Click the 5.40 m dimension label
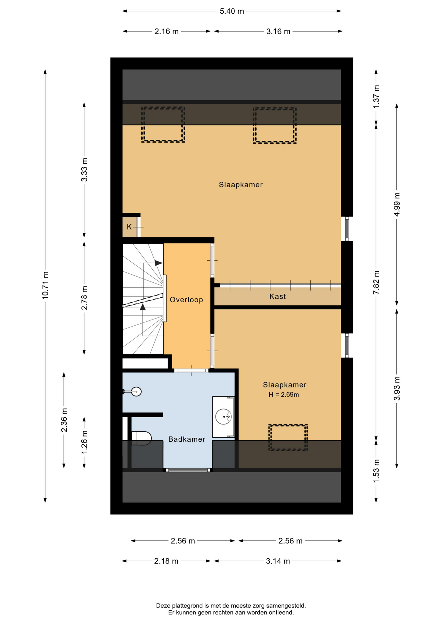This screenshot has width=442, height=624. (x=232, y=11)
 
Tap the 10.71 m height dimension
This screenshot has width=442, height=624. (x=45, y=285)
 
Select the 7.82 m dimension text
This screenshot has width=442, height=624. (x=376, y=282)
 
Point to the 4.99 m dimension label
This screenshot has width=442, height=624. (x=397, y=204)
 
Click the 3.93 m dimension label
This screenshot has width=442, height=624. (x=397, y=389)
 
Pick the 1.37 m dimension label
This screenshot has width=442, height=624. (x=376, y=97)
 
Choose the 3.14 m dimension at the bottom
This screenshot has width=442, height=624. (x=278, y=561)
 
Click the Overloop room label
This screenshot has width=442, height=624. (x=186, y=300)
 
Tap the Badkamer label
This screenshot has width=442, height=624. (x=187, y=439)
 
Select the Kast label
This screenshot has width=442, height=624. (x=278, y=296)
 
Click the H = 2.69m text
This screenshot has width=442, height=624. (x=284, y=395)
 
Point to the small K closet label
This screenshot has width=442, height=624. (x=129, y=227)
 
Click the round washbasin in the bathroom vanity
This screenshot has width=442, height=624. (x=224, y=417)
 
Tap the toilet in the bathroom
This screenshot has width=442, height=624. (x=141, y=438)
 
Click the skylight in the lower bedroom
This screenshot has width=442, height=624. (x=288, y=437)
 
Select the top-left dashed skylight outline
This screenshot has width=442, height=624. (x=163, y=124)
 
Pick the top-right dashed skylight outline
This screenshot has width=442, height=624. (x=275, y=125)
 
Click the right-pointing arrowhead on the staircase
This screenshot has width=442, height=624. (x=159, y=263)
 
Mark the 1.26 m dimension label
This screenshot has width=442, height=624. (x=84, y=442)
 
